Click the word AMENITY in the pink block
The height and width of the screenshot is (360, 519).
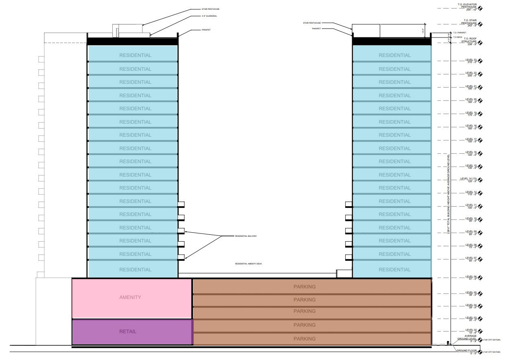tap(130, 297)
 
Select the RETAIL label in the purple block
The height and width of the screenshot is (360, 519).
tap(128, 332)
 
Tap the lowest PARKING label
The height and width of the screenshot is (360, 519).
tap(304, 339)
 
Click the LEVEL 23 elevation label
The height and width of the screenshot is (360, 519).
tap(471, 61)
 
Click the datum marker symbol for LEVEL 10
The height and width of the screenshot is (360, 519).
tap(480, 220)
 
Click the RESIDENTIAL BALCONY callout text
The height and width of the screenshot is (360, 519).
tap(246, 236)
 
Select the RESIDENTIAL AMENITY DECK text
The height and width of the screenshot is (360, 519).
tap(248, 264)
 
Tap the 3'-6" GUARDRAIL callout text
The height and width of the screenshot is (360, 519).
tap(209, 16)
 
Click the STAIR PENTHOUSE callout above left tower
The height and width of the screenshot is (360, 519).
tap(210, 9)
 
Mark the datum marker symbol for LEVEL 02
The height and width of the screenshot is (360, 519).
tap(480, 332)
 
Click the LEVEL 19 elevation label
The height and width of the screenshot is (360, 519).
tap(471, 113)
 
